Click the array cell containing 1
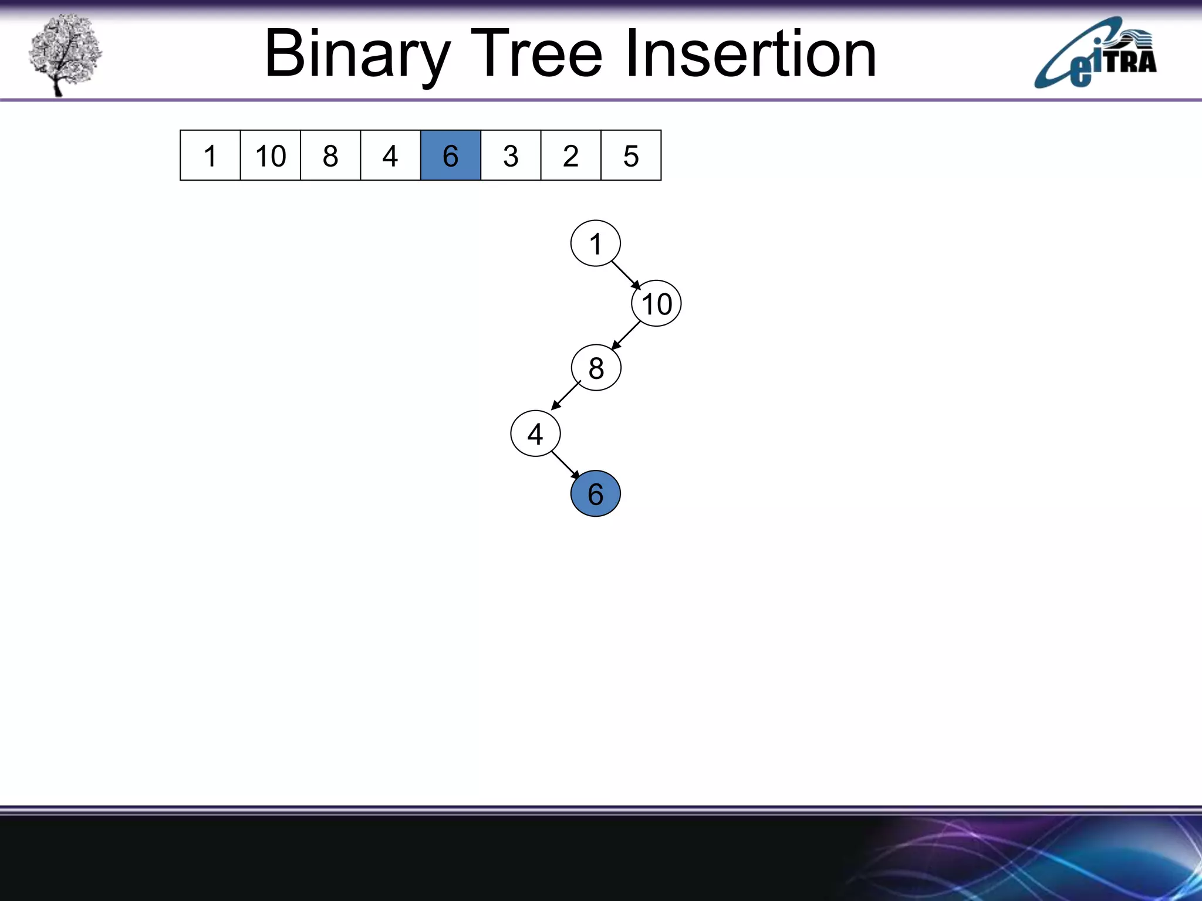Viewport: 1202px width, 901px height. (210, 155)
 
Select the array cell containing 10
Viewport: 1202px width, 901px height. (270, 155)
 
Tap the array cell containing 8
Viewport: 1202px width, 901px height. (330, 155)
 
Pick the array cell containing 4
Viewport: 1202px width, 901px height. (390, 155)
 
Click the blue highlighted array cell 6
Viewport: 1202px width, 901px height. (451, 155)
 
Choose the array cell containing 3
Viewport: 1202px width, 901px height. (511, 155)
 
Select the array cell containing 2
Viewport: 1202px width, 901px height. (570, 155)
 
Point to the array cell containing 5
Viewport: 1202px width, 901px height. (631, 155)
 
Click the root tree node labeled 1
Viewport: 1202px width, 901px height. (595, 243)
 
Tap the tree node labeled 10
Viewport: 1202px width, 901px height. (656, 303)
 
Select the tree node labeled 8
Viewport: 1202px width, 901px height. (596, 368)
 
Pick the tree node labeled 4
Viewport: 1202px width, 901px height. (535, 433)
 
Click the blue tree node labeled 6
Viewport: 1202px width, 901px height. (595, 493)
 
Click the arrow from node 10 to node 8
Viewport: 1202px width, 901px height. (626, 336)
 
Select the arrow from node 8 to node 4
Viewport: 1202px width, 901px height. (566, 395)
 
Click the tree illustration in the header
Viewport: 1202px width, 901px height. (65, 54)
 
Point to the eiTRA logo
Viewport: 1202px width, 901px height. (1095, 54)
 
